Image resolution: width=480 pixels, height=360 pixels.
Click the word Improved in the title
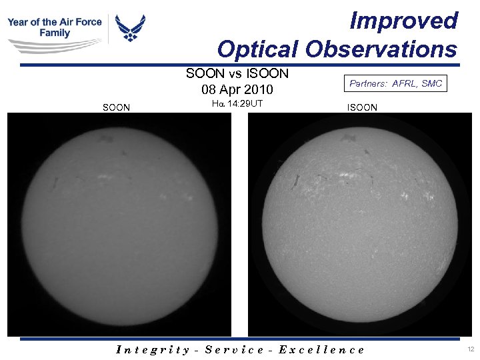(404, 21)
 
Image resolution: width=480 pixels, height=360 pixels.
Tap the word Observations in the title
(381, 49)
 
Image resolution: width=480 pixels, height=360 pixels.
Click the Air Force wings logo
(130, 28)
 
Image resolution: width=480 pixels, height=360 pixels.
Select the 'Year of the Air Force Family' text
(55, 27)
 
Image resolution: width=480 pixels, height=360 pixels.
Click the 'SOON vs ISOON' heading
(237, 73)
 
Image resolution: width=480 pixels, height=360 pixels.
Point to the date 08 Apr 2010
(237, 89)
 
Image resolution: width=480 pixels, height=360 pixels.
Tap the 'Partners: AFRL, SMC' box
(395, 84)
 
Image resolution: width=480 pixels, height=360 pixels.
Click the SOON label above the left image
(116, 107)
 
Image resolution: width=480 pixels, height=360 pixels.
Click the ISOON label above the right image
(362, 107)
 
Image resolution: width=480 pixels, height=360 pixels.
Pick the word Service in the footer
(235, 349)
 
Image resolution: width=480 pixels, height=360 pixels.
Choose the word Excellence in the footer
(322, 349)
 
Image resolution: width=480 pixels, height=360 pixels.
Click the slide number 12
(471, 349)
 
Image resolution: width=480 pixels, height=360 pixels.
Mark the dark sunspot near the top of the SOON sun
(104, 139)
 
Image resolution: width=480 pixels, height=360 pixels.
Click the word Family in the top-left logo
(55, 33)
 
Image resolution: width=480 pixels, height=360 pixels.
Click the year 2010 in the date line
(259, 89)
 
